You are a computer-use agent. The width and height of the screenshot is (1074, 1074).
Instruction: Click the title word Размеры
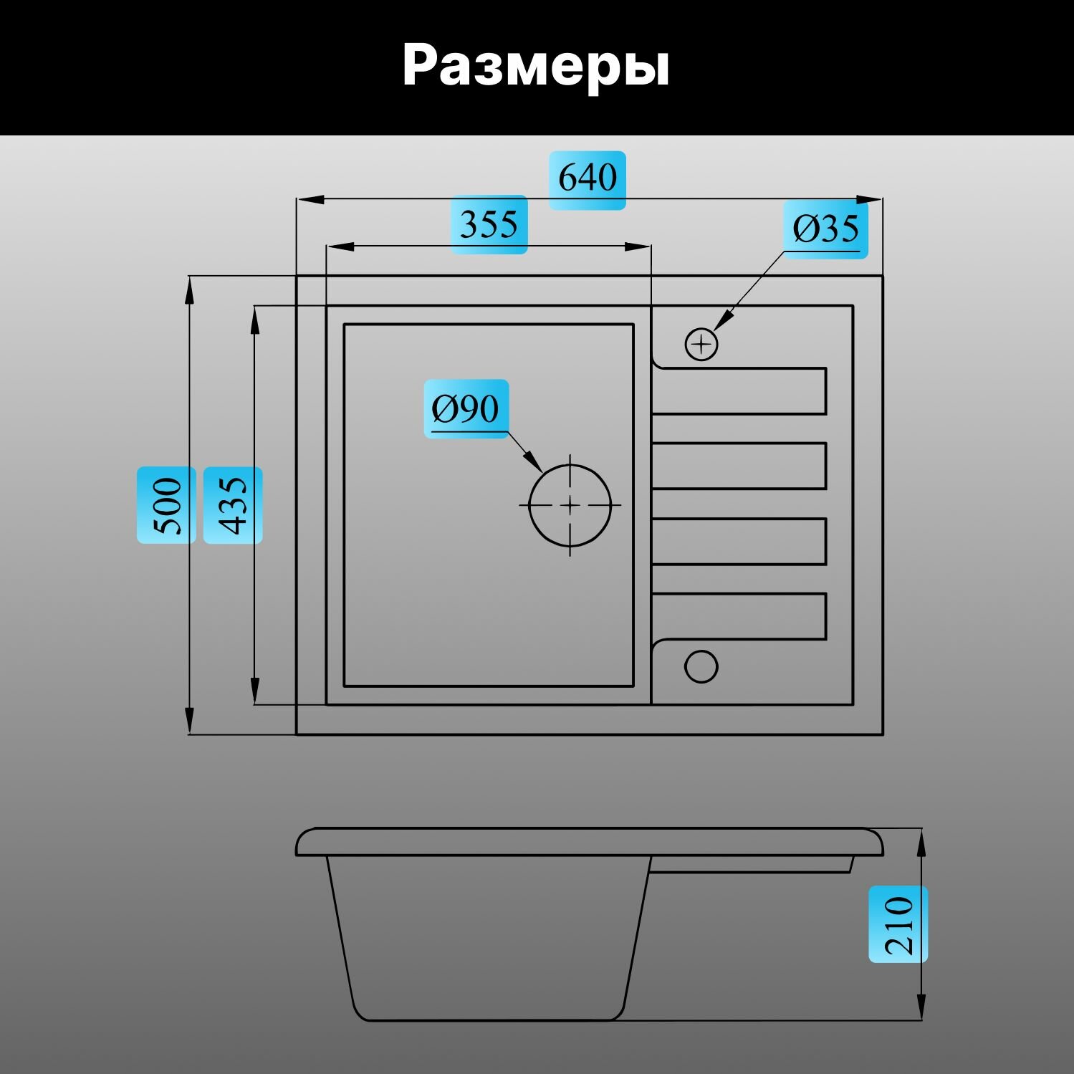click(x=536, y=66)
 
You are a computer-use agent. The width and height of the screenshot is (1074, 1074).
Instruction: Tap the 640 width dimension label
click(x=587, y=178)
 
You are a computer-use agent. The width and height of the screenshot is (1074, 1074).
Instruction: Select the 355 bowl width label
click(x=489, y=224)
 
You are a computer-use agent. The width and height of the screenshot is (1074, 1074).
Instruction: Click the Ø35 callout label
click(x=825, y=229)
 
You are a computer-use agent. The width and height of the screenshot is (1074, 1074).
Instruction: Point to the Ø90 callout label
click(x=466, y=409)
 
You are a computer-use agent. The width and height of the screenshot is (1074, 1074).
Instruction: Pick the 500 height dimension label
click(x=167, y=505)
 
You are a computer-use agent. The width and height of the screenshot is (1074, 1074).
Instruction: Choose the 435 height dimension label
click(x=233, y=505)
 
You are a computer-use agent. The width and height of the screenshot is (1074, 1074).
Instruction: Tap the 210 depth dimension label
click(x=898, y=924)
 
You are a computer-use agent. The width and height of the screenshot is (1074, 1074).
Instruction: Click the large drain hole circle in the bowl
click(x=570, y=504)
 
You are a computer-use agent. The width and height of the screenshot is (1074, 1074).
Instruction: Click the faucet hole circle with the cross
click(x=701, y=345)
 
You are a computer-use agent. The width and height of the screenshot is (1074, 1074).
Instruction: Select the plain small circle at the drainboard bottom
click(x=701, y=666)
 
